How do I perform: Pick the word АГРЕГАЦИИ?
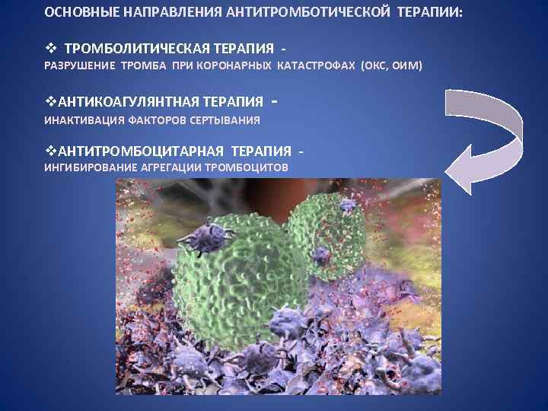(x=175, y=167)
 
